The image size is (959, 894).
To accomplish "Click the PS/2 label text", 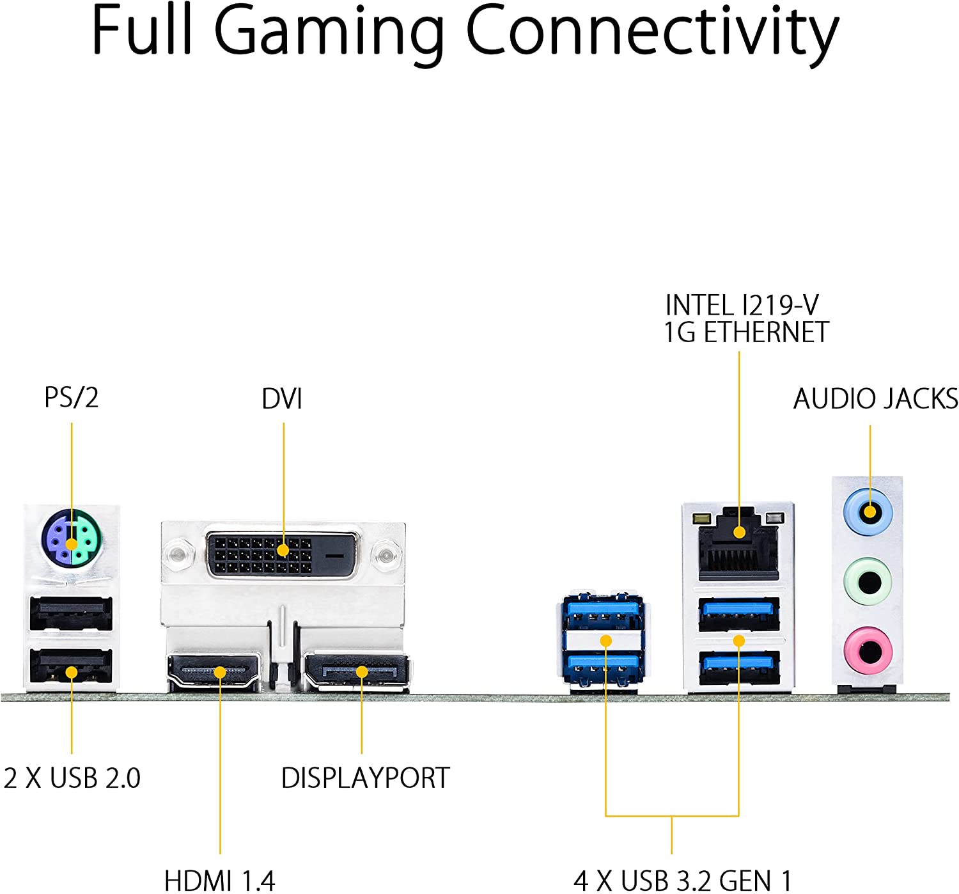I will [71, 397].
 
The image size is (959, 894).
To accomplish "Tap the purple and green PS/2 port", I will [72, 538].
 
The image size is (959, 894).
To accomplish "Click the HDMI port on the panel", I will [214, 672].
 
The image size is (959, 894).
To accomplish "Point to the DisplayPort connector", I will [356, 671].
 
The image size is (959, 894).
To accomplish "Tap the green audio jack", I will [868, 581].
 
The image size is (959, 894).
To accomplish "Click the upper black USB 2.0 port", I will [71, 613].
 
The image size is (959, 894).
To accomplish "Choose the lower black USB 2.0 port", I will [71, 666].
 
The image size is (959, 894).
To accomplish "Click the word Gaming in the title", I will [329, 32].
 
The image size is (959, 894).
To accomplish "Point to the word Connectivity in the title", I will [652, 32].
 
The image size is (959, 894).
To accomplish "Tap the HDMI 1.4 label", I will [219, 880].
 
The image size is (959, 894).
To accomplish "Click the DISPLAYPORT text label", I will [366, 778].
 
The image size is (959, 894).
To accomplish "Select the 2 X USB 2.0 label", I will [72, 778].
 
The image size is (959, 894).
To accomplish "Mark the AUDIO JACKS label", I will [875, 399].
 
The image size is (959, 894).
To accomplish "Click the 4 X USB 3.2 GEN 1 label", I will [682, 880].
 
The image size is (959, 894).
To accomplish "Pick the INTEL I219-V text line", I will [742, 305].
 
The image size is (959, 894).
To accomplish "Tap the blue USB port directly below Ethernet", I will [739, 614].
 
